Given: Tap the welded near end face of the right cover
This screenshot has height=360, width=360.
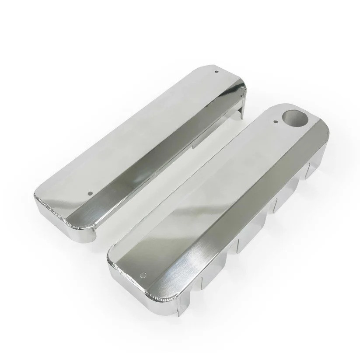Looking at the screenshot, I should pyautogui.click(x=144, y=293).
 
